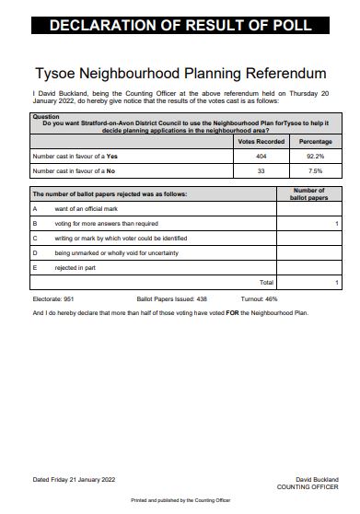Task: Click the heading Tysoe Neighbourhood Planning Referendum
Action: [x=180, y=72]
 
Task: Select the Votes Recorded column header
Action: [x=261, y=141]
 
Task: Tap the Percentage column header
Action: [x=315, y=141]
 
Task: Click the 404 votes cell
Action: [x=261, y=156]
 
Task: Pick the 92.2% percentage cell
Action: [x=315, y=156]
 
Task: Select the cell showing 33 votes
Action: [x=261, y=170]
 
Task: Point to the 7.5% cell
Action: [x=315, y=170]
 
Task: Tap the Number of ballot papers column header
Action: [x=308, y=193]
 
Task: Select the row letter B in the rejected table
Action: [x=35, y=223]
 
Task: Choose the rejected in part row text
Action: [x=75, y=266]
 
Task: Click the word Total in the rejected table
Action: [x=266, y=282]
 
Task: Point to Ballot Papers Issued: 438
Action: [x=171, y=299]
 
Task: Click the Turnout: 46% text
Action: [x=260, y=299]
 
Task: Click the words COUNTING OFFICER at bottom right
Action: [x=308, y=486]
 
